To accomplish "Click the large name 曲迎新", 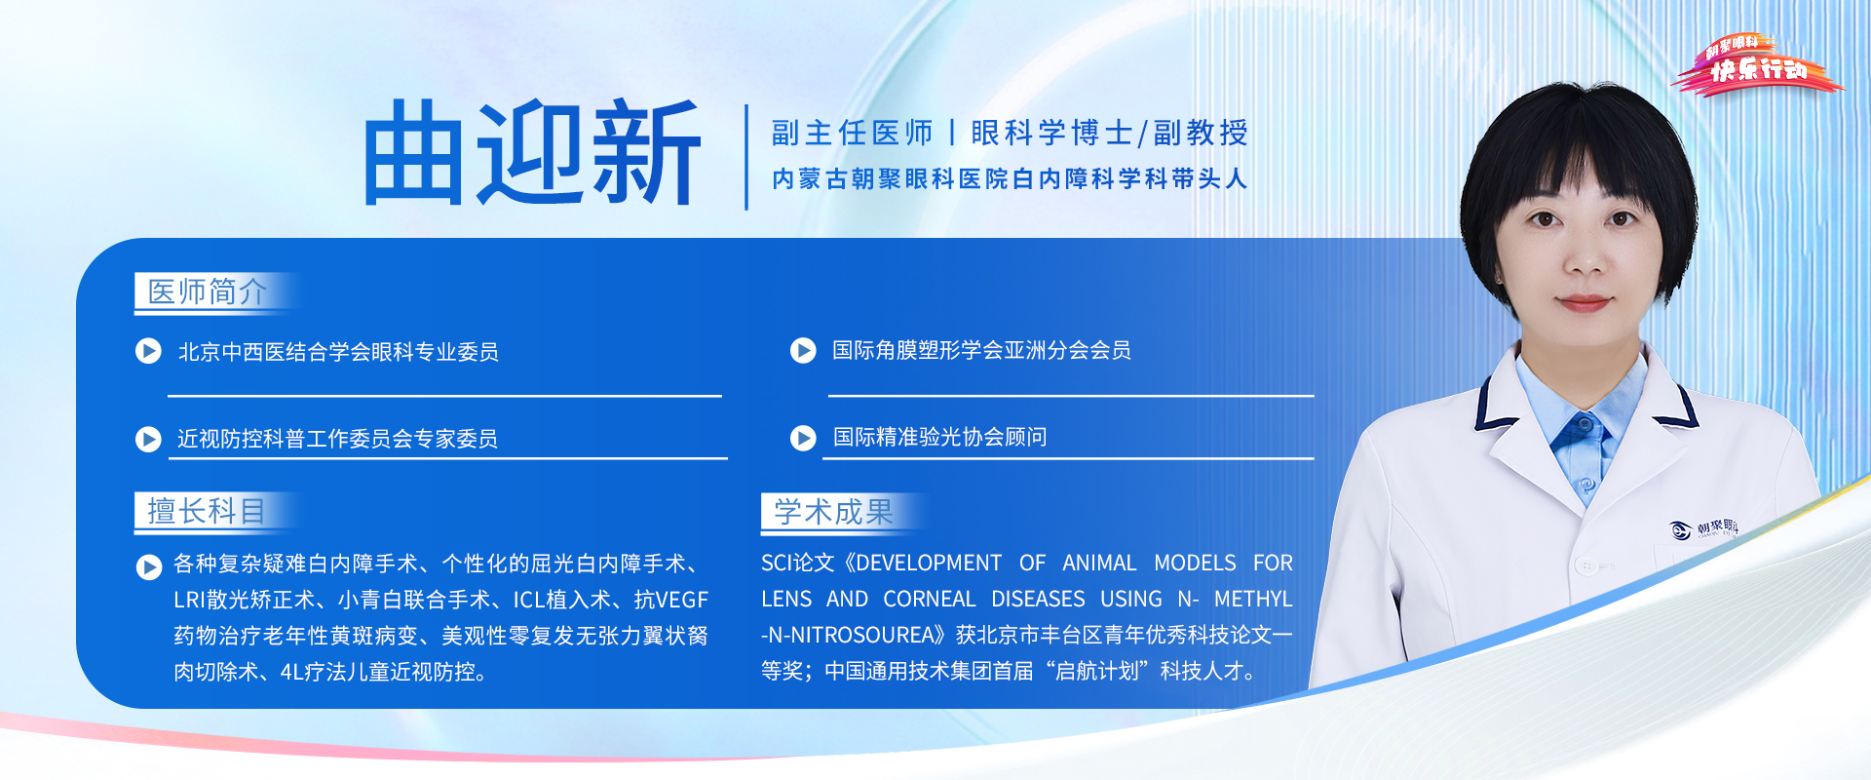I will pyautogui.click(x=532, y=153).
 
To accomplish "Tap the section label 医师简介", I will pyautogui.click(x=207, y=292).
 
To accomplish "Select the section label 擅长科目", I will pyautogui.click(x=206, y=511).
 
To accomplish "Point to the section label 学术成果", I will pyautogui.click(x=833, y=512).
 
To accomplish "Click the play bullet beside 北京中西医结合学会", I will pyautogui.click(x=148, y=351).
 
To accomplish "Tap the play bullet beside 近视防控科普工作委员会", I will pyautogui.click(x=148, y=439).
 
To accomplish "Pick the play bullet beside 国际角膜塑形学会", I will pyautogui.click(x=803, y=350).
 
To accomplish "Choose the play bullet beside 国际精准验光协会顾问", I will pyautogui.click(x=803, y=438).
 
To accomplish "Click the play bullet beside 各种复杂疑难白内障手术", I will pyautogui.click(x=148, y=566).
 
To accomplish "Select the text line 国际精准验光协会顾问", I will pyautogui.click(x=939, y=437).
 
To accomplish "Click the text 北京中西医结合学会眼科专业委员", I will pyautogui.click(x=338, y=352).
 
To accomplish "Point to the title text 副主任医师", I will pyautogui.click(x=852, y=133).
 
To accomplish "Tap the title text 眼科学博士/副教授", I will pyautogui.click(x=1109, y=133).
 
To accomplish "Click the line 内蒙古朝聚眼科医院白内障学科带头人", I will pyautogui.click(x=1009, y=179).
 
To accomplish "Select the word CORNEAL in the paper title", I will pyautogui.click(x=930, y=599).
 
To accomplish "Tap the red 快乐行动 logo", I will pyautogui.click(x=1757, y=66).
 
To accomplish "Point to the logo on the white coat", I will pyautogui.click(x=1702, y=528).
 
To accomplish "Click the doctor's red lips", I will pyautogui.click(x=1584, y=302).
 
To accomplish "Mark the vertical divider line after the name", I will pyautogui.click(x=746, y=157).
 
